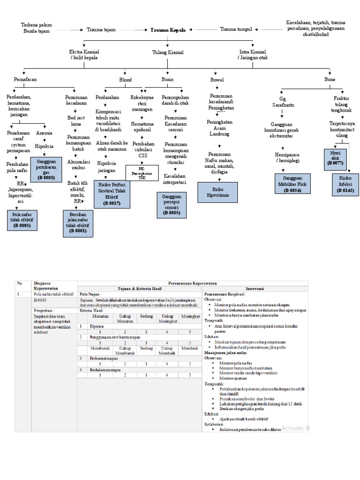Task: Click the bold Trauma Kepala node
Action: click(x=168, y=30)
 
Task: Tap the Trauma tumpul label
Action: click(x=236, y=29)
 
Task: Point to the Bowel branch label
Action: click(x=217, y=80)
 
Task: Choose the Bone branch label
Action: click(x=330, y=80)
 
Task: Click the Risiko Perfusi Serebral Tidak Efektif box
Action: click(x=112, y=195)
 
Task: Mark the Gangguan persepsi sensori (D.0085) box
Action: click(x=171, y=205)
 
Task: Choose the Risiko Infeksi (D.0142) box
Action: click(x=345, y=184)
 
